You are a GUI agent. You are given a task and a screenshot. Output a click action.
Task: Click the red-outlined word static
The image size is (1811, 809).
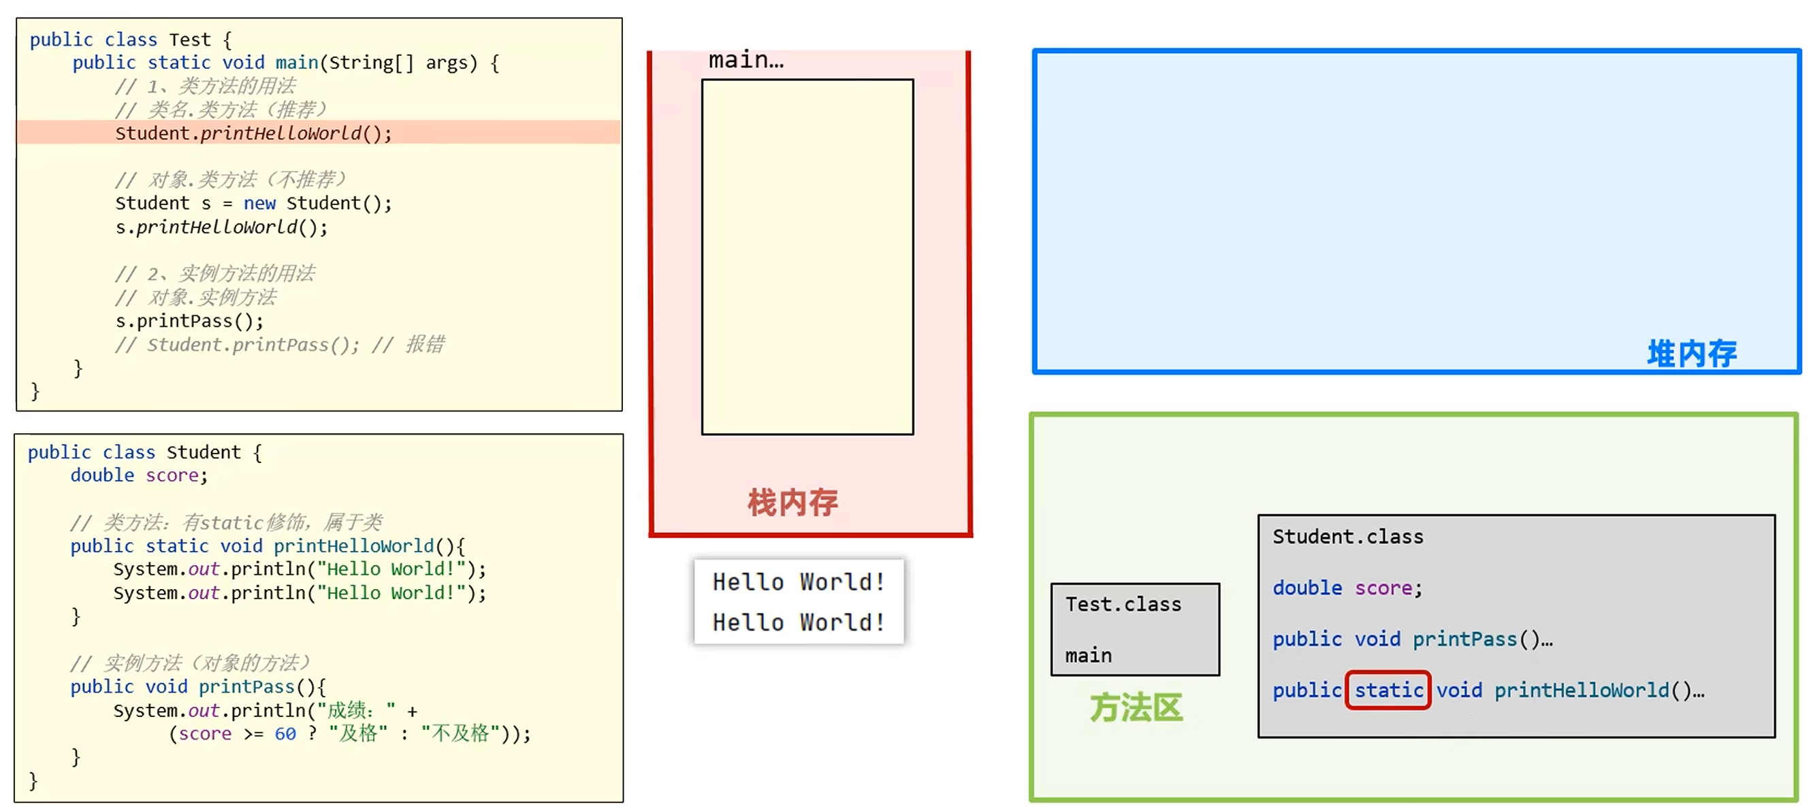1388,690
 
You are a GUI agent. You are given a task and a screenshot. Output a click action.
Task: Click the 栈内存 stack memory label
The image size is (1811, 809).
792,503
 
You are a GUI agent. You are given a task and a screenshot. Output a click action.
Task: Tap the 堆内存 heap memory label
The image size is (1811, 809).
1690,353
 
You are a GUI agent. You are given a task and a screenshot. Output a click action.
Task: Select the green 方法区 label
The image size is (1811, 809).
1136,708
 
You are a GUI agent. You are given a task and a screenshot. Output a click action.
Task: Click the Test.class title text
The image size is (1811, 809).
1123,604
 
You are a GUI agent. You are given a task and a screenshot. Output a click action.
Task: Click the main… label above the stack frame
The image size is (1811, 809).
746,61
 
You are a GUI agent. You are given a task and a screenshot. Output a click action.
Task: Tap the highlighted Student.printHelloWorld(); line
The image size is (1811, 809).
253,133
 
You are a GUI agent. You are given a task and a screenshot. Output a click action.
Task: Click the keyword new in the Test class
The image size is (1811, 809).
259,204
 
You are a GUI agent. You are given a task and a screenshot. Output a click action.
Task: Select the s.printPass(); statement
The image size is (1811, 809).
189,321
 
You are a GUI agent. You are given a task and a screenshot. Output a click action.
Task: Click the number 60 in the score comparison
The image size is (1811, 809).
285,733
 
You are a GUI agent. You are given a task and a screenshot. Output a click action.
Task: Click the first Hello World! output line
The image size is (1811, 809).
798,582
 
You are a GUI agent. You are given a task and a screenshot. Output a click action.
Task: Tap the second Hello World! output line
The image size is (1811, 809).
798,622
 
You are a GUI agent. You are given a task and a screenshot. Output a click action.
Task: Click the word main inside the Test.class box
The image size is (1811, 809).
1087,656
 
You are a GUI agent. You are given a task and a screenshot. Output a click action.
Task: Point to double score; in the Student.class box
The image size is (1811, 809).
1346,588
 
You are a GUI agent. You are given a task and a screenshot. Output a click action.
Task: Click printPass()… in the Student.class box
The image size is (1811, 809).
1482,639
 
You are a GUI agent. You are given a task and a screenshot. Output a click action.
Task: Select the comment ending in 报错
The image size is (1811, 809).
280,345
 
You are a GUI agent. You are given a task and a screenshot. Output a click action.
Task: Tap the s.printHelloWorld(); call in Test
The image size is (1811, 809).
221,227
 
